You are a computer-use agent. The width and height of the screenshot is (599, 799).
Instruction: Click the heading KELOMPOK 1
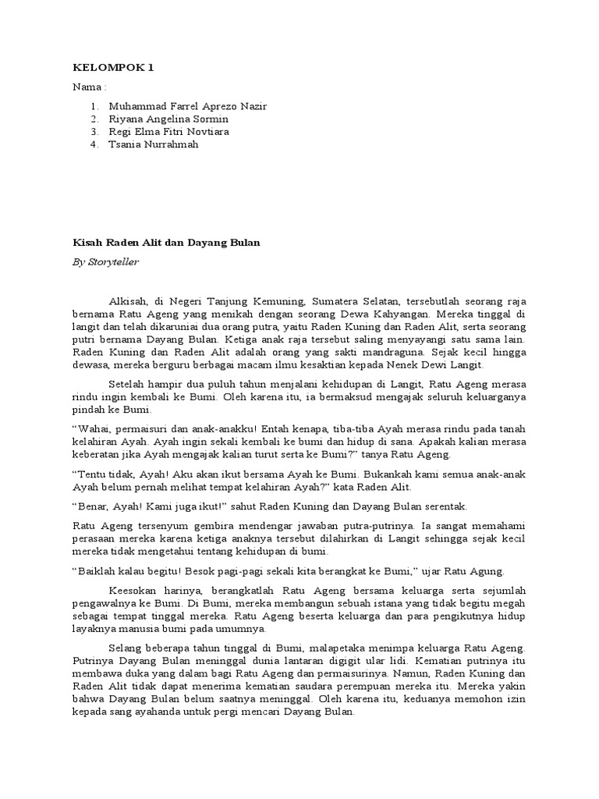pyautogui.click(x=113, y=68)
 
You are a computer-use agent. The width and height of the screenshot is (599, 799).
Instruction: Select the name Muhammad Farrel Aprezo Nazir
pyautogui.click(x=193, y=107)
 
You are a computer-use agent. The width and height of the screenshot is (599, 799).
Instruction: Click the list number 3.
pyautogui.click(x=94, y=132)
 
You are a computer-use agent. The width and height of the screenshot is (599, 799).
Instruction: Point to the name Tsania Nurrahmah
pyautogui.click(x=154, y=144)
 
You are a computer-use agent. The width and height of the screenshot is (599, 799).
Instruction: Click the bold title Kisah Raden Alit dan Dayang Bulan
pyautogui.click(x=166, y=243)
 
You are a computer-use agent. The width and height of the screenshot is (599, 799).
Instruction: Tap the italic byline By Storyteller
pyautogui.click(x=105, y=262)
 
